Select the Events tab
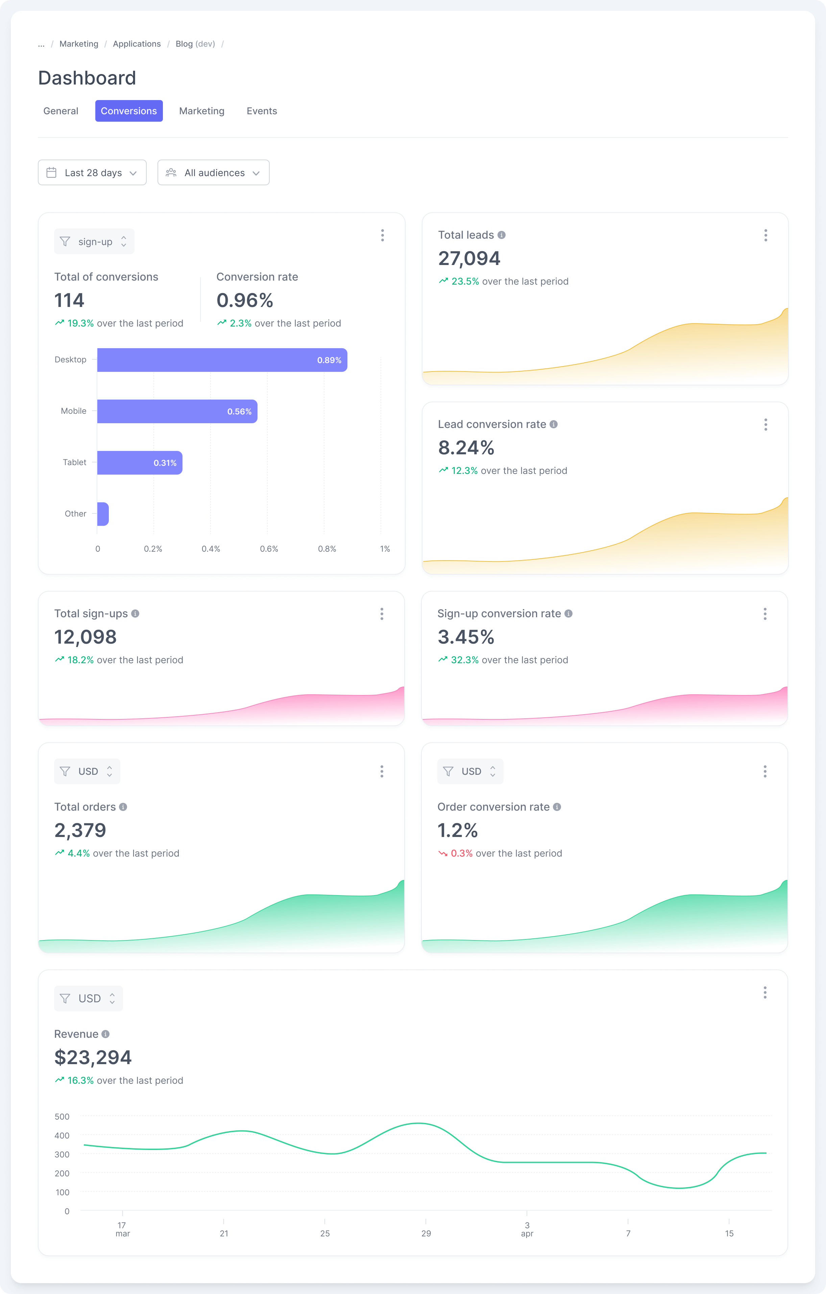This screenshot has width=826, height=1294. [x=261, y=111]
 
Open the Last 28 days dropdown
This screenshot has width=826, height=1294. [x=92, y=172]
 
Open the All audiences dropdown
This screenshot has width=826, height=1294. [x=213, y=172]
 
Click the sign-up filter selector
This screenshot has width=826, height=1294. [x=94, y=242]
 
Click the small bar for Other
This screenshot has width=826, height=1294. [x=103, y=514]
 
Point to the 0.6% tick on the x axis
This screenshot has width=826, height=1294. [x=269, y=549]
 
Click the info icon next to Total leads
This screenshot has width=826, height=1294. [x=502, y=235]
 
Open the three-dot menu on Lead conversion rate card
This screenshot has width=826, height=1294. [x=765, y=425]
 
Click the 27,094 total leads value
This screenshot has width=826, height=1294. [x=469, y=259]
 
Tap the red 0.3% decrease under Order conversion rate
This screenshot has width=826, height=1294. [x=461, y=853]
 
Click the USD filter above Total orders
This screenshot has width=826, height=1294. [x=87, y=771]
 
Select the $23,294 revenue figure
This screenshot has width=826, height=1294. [x=93, y=1057]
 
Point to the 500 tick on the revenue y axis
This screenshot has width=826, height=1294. [x=62, y=1117]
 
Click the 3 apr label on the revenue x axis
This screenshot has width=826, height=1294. [x=527, y=1229]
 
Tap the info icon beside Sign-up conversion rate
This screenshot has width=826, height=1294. [x=568, y=614]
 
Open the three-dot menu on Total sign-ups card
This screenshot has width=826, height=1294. [x=382, y=614]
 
